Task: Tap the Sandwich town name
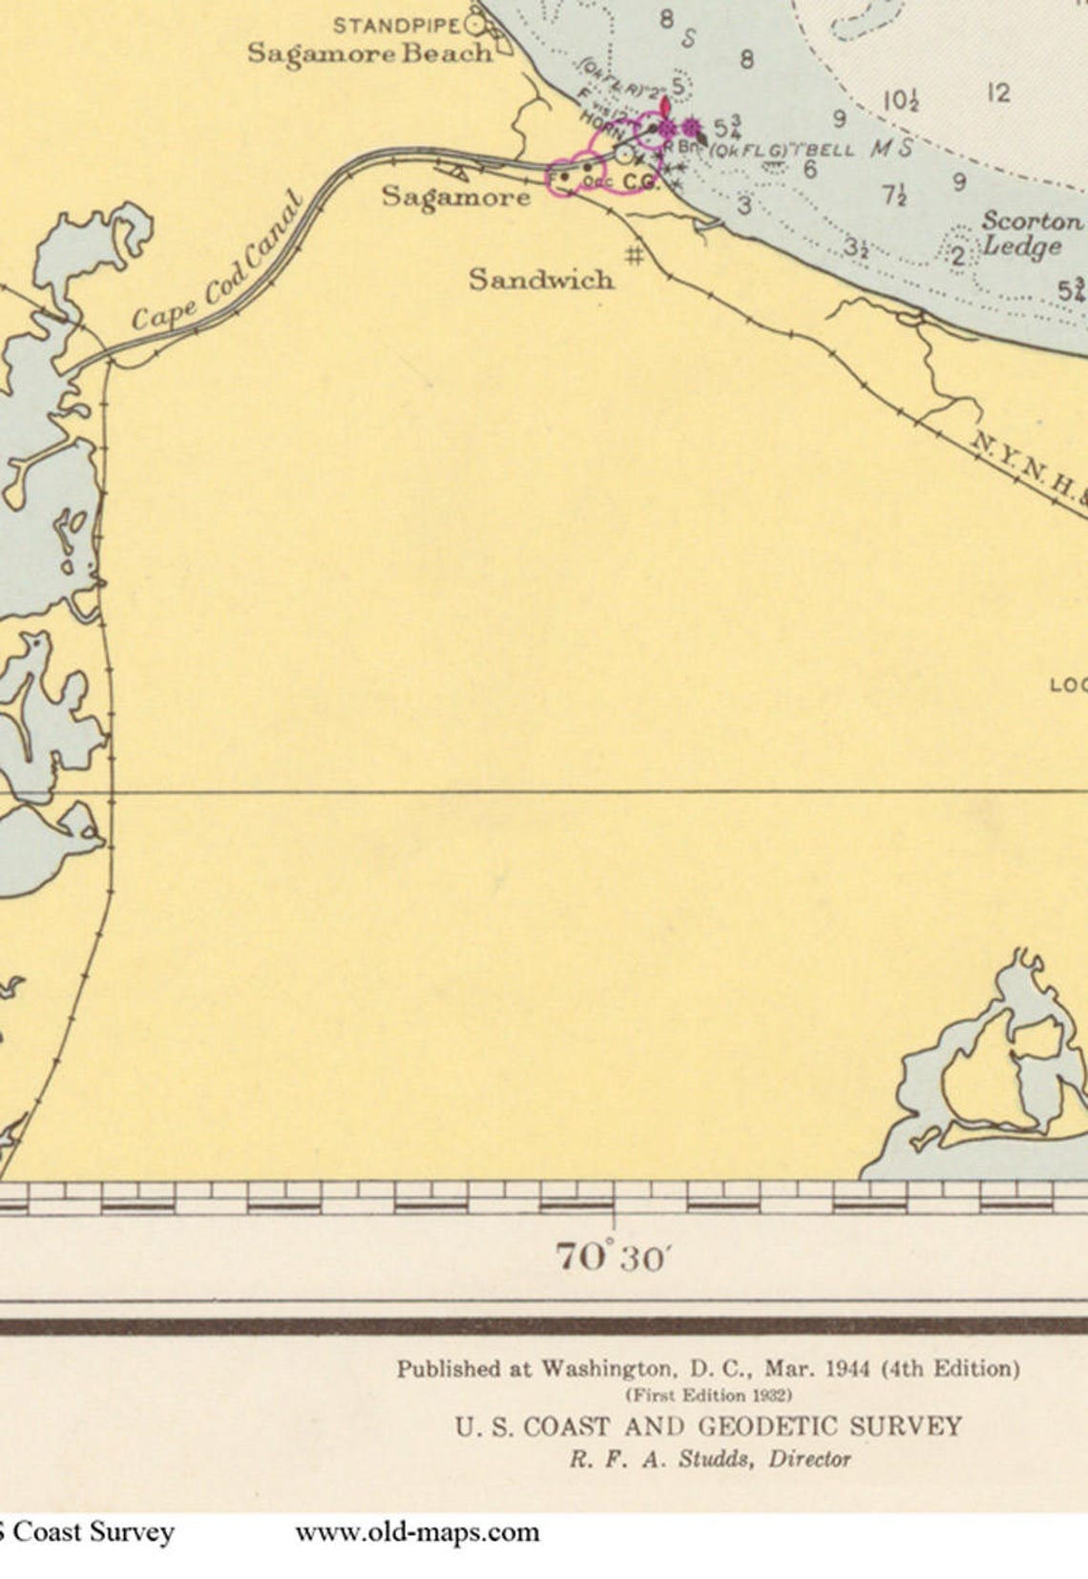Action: (540, 279)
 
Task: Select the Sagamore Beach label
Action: (369, 53)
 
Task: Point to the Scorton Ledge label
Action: (1027, 234)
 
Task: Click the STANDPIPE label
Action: (396, 25)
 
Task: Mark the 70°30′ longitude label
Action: (611, 1256)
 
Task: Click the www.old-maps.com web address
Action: (417, 1533)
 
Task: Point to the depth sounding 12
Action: (998, 93)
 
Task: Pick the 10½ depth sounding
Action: (900, 100)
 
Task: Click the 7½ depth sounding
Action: (894, 196)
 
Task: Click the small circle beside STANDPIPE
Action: (474, 26)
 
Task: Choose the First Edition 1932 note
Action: (707, 1395)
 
